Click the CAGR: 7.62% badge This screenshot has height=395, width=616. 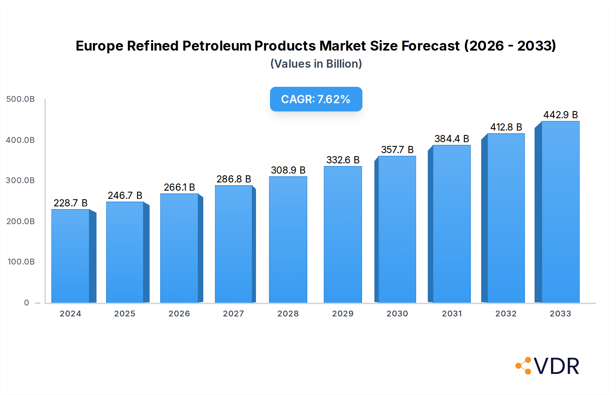point(316,99)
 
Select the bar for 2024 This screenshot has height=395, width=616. point(70,256)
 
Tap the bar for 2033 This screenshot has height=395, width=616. point(560,212)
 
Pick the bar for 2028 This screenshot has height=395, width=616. point(288,239)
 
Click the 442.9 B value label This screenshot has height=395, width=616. point(560,115)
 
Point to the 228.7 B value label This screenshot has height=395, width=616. point(70,203)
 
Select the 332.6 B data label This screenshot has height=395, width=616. point(343,160)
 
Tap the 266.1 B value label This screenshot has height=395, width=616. point(179,187)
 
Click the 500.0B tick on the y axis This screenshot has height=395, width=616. point(21,99)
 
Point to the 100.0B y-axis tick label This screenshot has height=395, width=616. point(21,262)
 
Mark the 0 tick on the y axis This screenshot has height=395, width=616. point(27,303)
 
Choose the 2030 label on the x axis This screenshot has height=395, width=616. point(397,314)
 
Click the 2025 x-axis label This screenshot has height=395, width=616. point(125,314)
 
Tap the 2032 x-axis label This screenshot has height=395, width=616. point(506,314)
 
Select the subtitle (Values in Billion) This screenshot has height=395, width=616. point(316,64)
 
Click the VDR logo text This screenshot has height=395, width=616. point(556,366)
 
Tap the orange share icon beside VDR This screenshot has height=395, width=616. point(524,366)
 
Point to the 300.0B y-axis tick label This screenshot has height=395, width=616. point(21,180)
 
